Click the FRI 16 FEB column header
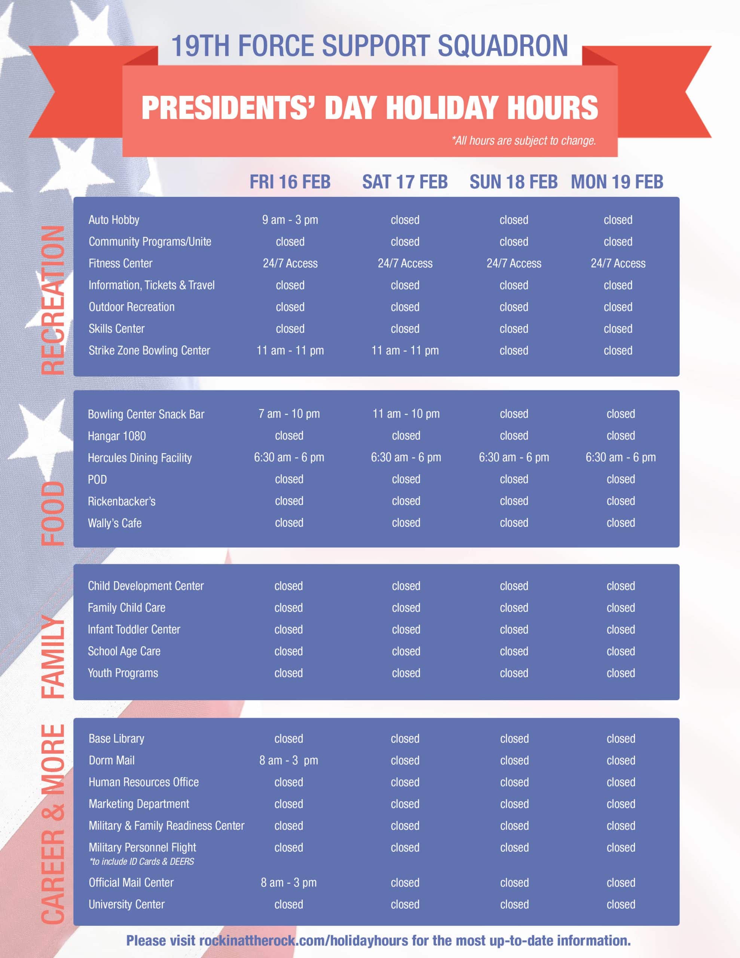tap(290, 181)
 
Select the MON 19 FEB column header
tap(617, 181)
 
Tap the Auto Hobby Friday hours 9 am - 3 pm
tap(290, 220)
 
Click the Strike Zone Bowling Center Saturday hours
tap(405, 351)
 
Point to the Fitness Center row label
tap(120, 263)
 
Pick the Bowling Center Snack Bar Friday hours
tap(289, 414)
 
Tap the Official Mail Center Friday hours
tap(289, 882)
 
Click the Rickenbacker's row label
tap(122, 501)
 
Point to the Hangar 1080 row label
tap(117, 436)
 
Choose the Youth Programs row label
tap(123, 673)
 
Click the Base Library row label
tap(116, 739)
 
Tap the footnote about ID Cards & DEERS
tap(141, 861)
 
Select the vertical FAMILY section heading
tap(53, 657)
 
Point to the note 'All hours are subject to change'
tap(524, 141)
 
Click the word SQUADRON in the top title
tap(503, 46)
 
